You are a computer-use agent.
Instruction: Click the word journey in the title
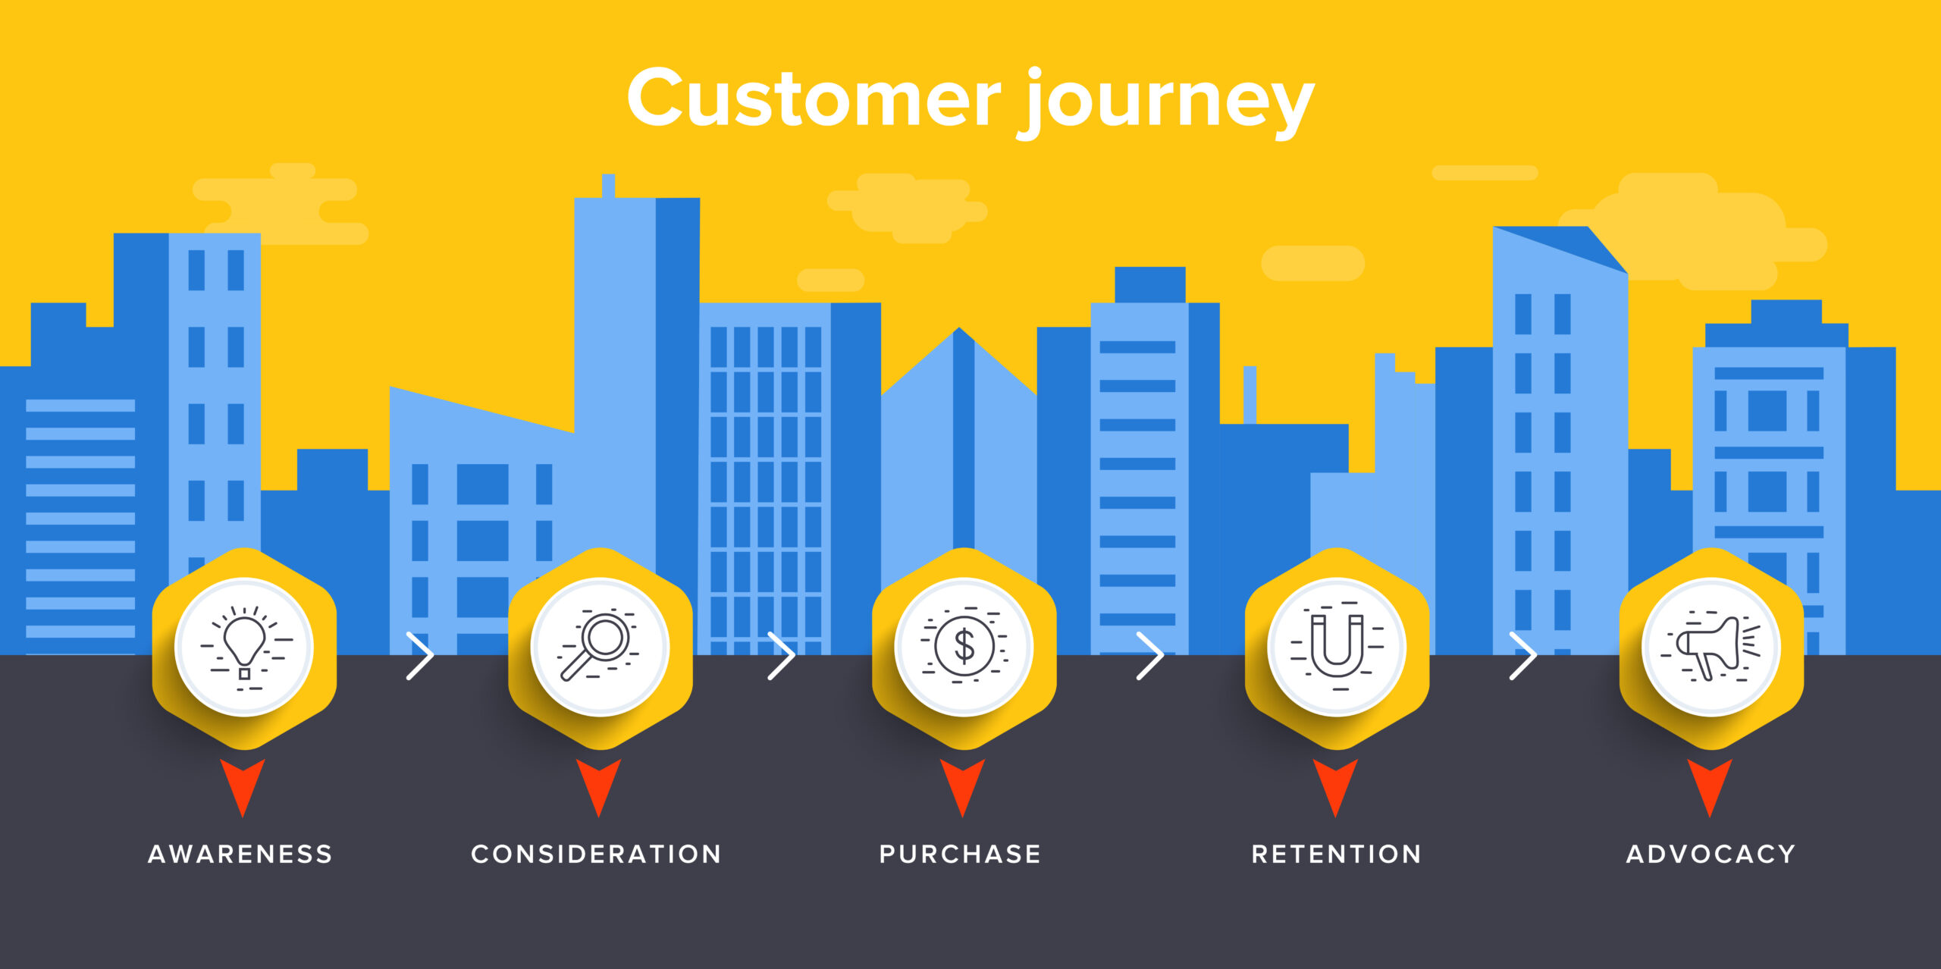[1168, 102]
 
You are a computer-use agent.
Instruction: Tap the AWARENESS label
[240, 854]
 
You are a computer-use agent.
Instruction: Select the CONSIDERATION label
[596, 854]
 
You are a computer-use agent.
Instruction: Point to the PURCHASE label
[960, 854]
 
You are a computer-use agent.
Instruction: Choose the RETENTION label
[1336, 854]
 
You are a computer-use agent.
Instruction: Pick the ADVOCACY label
[1711, 854]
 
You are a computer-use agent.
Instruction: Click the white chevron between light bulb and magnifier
[421, 655]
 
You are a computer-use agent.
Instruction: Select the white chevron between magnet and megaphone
[1523, 655]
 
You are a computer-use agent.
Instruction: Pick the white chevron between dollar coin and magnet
[1150, 655]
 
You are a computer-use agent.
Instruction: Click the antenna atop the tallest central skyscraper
[608, 186]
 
